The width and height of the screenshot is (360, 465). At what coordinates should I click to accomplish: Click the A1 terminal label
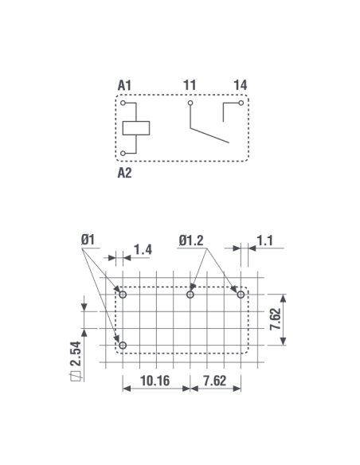click(x=124, y=85)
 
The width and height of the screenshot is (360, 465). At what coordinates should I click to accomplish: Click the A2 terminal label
click(x=124, y=173)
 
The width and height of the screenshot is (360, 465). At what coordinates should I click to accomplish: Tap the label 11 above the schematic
click(x=190, y=85)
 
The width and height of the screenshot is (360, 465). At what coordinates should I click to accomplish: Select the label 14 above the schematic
click(x=241, y=85)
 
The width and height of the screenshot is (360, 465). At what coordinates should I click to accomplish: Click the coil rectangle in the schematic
click(x=136, y=128)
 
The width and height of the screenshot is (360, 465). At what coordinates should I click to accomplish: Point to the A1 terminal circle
click(x=123, y=104)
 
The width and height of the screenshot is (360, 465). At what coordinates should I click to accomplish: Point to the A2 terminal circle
click(x=123, y=154)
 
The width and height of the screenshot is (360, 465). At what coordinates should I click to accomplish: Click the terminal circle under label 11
click(x=190, y=104)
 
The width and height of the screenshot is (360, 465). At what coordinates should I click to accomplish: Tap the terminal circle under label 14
click(x=241, y=103)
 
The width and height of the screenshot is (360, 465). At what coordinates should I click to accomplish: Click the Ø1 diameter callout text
click(x=88, y=240)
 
